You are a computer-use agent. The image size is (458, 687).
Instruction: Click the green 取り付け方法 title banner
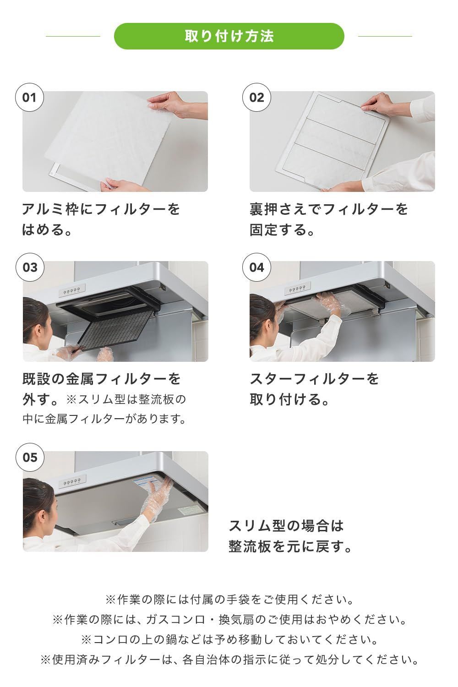(229, 36)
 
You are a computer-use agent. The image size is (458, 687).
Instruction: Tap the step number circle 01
(29, 98)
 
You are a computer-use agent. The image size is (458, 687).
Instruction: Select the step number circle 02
(256, 98)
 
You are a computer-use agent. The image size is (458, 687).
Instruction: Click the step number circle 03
(29, 267)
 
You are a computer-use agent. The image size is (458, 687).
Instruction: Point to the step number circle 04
(256, 267)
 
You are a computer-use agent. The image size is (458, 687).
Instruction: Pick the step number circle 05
(29, 457)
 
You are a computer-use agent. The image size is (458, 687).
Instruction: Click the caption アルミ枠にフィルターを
(101, 209)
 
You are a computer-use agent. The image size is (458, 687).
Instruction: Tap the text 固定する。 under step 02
(282, 229)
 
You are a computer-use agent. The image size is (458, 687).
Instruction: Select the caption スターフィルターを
(314, 379)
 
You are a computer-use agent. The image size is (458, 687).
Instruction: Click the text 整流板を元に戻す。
(290, 546)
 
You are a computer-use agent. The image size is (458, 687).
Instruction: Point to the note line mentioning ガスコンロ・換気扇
(229, 620)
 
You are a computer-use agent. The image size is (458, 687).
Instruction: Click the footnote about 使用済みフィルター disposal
(229, 660)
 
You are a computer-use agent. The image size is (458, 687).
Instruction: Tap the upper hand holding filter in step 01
(176, 104)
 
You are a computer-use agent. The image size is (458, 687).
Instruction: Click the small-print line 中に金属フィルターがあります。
(104, 419)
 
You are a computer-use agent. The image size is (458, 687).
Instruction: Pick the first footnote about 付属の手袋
(229, 599)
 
